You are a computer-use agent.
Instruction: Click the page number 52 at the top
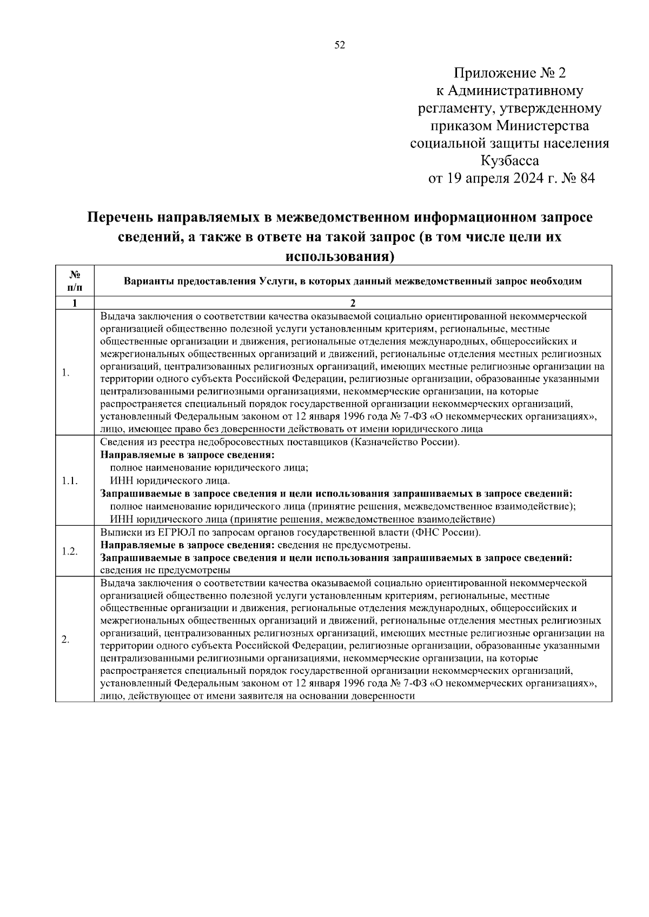pos(340,45)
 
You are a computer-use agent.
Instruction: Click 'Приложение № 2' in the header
pos(509,73)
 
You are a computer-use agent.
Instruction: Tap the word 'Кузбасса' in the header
pos(509,160)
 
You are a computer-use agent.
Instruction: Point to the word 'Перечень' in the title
pos(120,217)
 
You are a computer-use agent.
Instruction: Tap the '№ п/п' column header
pos(75,280)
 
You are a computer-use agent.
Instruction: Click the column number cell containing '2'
pos(353,303)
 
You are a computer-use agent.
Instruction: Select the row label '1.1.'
pos(70,481)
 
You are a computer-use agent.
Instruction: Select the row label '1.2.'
pos(70,551)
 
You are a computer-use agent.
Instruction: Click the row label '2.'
pos(65,640)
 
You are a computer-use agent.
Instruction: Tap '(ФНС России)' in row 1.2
pos(446,532)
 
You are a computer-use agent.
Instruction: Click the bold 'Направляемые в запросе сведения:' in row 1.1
pos(188,456)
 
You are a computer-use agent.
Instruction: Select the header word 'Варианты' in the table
pos(144,281)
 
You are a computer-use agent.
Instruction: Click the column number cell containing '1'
pos(75,303)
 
